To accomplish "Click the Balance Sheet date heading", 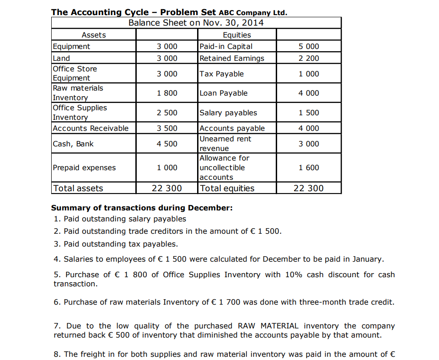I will pos(196,23).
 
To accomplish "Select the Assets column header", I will pos(94,35).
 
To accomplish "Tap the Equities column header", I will pos(236,35).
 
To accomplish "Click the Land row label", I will pos(62,58).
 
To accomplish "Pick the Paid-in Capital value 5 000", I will pos(309,46).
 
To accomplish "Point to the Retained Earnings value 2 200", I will pos(309,58).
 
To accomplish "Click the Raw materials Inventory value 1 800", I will pos(167,93).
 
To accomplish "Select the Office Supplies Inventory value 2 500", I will pos(167,113).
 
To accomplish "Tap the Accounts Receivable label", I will pos(91,128).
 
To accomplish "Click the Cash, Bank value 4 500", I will pos(167,144).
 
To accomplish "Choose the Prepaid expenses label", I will pos(84,167).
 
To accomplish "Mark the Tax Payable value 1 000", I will pos(309,74).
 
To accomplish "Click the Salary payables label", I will pos(228,113).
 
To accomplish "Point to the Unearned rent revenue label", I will pos(225,144).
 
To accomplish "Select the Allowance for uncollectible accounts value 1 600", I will pos(309,167).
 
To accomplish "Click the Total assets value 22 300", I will pos(167,188).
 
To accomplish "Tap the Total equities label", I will pos(227,188).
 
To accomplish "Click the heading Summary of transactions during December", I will pos(142,208).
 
